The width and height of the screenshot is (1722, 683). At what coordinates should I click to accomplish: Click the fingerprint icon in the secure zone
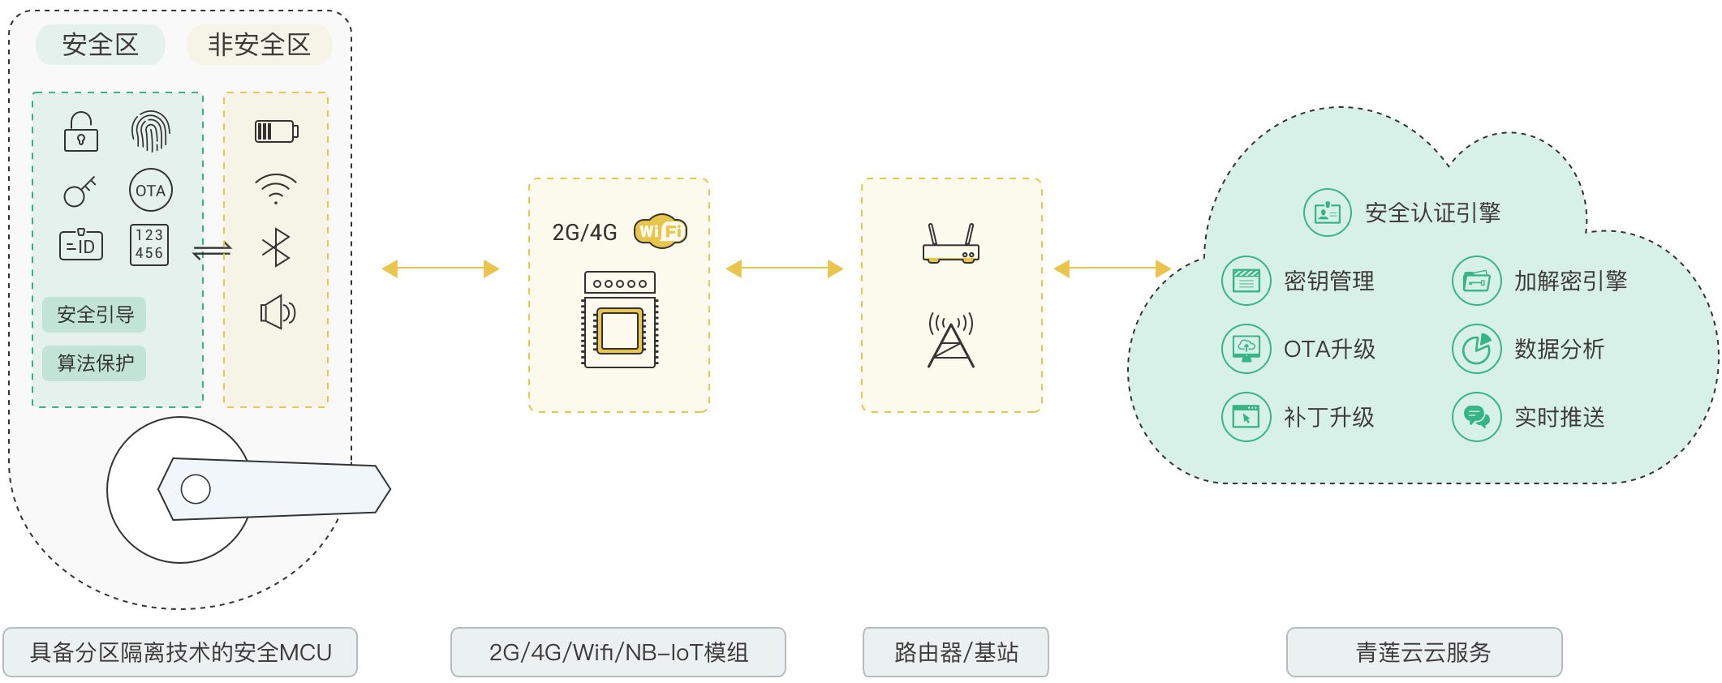(150, 131)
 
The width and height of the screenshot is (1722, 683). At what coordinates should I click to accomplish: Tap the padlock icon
(81, 132)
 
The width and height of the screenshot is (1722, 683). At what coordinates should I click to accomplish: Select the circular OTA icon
(151, 191)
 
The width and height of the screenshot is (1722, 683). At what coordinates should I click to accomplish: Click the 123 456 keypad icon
(149, 244)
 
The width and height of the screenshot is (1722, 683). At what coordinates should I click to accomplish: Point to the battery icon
(277, 131)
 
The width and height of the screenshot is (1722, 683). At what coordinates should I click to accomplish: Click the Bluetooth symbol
(276, 247)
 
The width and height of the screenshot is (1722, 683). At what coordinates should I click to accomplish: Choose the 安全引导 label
(94, 315)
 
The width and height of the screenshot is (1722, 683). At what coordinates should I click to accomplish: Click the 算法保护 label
(94, 363)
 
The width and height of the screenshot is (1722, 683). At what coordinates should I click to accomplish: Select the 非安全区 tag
(260, 45)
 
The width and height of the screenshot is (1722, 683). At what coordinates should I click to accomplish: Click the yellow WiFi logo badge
(661, 231)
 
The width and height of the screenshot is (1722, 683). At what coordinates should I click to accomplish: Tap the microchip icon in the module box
(620, 330)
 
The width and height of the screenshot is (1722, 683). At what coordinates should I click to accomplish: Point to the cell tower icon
(951, 341)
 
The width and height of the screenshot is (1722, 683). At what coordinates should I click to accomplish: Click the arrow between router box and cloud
(1112, 268)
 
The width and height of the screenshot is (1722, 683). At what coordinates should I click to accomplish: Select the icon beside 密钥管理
(1246, 281)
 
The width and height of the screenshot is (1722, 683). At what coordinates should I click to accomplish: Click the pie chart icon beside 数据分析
(1476, 349)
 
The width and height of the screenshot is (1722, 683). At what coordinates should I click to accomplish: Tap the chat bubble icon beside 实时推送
(1476, 417)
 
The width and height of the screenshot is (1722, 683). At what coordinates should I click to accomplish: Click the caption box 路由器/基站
(955, 652)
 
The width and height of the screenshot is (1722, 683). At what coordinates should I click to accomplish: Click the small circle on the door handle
(196, 489)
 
